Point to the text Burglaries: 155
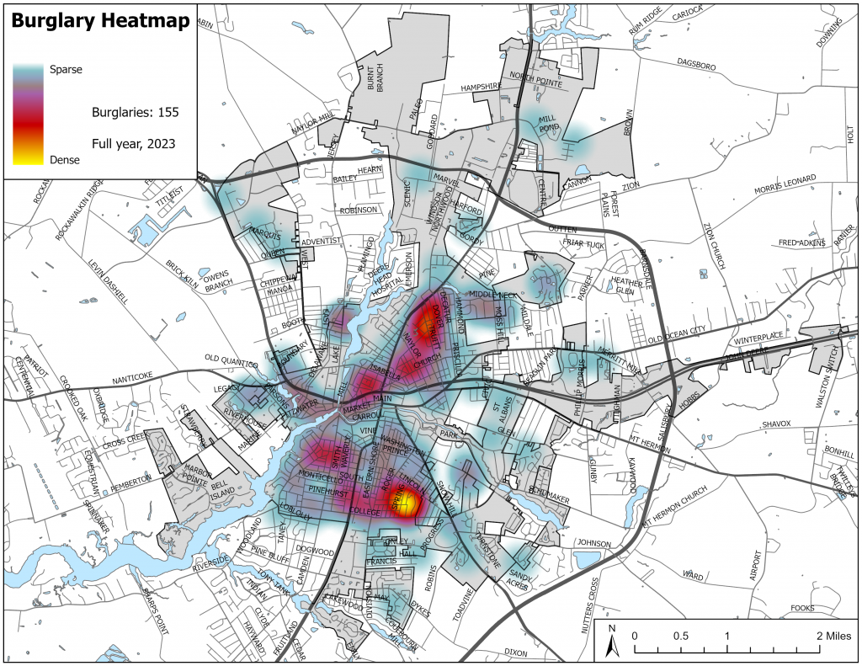[135, 111]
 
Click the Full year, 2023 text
[133, 143]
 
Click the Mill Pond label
[549, 125]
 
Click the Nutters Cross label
[599, 603]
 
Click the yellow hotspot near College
[405, 504]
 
